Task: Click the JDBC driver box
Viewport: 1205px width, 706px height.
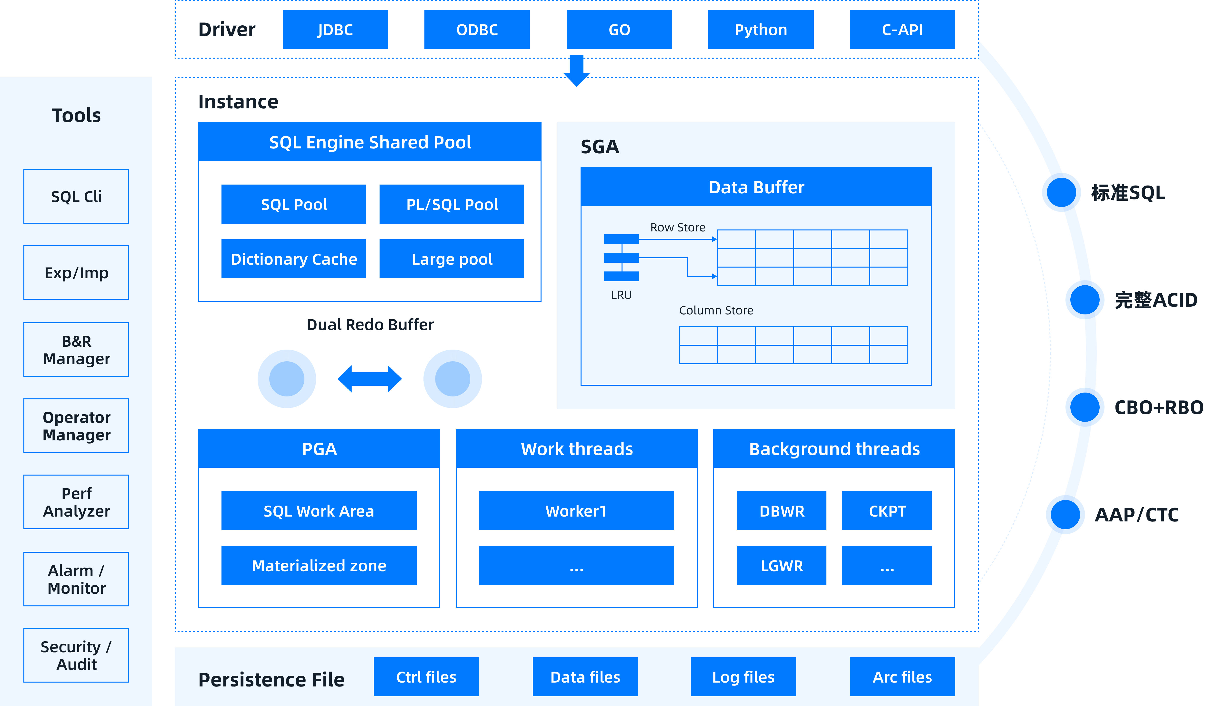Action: tap(335, 30)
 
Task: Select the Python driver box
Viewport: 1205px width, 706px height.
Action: tap(760, 30)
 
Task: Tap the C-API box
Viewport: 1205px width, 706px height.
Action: tap(902, 30)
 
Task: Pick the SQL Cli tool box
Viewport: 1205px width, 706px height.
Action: tap(76, 196)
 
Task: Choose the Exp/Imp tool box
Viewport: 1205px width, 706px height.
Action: tap(76, 272)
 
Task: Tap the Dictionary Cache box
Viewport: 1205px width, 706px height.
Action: tap(294, 259)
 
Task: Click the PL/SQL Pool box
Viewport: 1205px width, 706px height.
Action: tap(452, 204)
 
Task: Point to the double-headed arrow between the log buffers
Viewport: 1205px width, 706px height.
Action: tap(370, 379)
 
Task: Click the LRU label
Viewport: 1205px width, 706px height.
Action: tap(621, 295)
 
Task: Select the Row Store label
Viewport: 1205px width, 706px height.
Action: tap(678, 227)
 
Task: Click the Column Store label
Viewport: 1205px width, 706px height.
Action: tap(716, 310)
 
